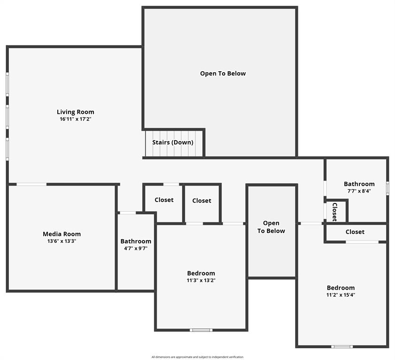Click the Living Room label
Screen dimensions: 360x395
tap(76, 112)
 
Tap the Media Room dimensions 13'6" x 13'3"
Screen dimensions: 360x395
tap(62, 241)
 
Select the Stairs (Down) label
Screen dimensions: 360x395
tap(173, 142)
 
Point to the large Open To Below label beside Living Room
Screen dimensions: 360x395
tap(223, 74)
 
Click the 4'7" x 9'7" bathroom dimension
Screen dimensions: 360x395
tap(136, 248)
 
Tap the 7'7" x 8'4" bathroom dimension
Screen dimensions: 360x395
tap(359, 191)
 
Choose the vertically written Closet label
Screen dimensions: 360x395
tap(334, 211)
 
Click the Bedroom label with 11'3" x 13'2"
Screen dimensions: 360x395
tap(201, 273)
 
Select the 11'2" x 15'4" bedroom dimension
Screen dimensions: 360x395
tap(341, 295)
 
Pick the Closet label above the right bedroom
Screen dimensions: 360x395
tap(355, 232)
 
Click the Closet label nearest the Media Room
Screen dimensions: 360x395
tap(164, 200)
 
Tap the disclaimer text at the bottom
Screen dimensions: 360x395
tap(197, 357)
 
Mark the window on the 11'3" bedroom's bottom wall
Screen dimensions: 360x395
tap(201, 330)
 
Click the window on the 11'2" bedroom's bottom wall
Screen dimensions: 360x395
tap(342, 346)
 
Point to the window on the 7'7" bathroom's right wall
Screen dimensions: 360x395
tap(387, 188)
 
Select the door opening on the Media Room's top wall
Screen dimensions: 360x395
tap(31, 184)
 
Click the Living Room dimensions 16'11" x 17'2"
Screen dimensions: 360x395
tap(76, 120)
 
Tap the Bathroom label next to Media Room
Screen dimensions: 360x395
tap(136, 241)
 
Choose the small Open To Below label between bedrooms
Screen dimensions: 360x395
tap(271, 227)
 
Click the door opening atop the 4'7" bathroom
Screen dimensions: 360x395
tap(128, 213)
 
